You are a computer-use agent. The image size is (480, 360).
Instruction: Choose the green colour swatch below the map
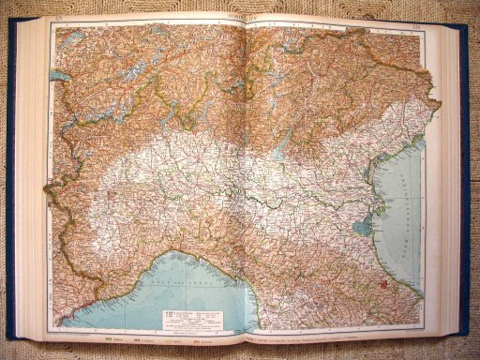click(x=112, y=338)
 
